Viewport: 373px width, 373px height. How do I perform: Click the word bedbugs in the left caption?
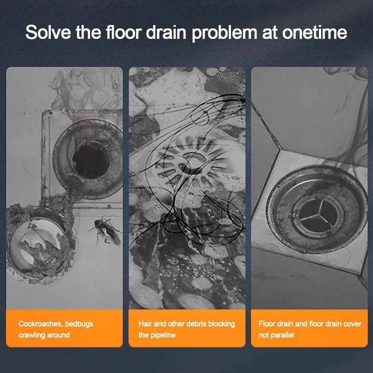pyautogui.click(x=81, y=323)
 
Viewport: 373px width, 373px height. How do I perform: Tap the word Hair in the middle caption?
pyautogui.click(x=145, y=323)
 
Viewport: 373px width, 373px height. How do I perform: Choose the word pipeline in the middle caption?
pyautogui.click(x=163, y=335)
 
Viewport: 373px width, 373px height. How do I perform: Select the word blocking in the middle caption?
pyautogui.click(x=223, y=323)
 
